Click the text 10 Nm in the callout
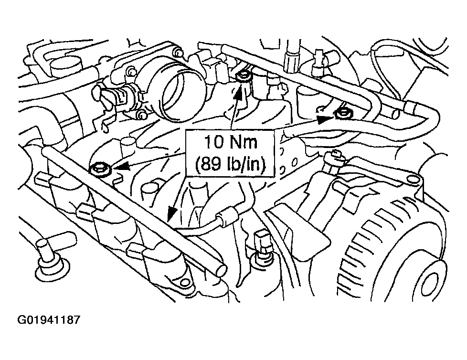[x=230, y=142]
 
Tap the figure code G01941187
[x=49, y=320]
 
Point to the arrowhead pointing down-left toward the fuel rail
[x=172, y=213]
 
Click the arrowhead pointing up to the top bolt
[x=239, y=91]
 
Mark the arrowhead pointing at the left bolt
[x=121, y=166]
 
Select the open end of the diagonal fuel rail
[x=221, y=271]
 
